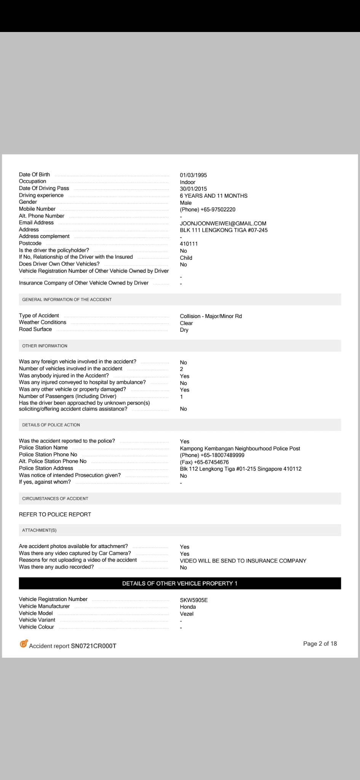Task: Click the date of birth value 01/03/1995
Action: point(193,175)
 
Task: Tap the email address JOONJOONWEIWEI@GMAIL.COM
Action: point(223,224)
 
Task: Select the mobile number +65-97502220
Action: point(208,209)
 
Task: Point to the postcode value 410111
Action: point(189,244)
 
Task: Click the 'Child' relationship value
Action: point(186,258)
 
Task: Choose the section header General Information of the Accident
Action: point(67,300)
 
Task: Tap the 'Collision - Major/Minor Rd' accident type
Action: point(211,316)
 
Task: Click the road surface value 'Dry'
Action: point(184,330)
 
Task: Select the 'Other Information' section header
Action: point(45,346)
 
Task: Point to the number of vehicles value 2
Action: point(181,369)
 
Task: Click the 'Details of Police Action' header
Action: point(51,425)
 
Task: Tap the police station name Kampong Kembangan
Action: point(240,449)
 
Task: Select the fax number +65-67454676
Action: point(204,462)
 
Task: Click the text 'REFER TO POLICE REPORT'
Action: point(55,515)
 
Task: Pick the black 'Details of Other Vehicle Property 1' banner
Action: point(180,583)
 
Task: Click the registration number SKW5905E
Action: point(194,600)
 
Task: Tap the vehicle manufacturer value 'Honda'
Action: point(188,607)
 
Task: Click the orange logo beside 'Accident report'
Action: point(24,644)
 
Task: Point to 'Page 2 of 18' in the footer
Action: point(320,644)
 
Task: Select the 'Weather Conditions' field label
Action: point(43,322)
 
